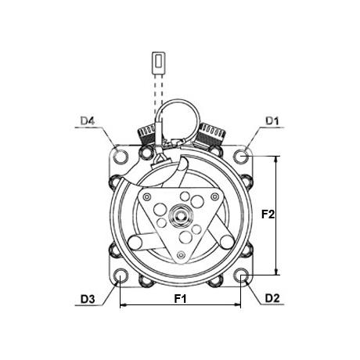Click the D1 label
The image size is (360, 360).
[x=272, y=121]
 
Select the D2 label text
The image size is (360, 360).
[x=272, y=298]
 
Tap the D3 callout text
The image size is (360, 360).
[x=88, y=299]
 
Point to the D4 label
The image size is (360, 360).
[x=88, y=121]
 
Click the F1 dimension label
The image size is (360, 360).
[x=181, y=298]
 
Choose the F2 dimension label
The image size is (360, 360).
[x=268, y=214]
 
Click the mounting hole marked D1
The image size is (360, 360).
[x=241, y=156]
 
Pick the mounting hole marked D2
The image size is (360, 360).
[x=241, y=275]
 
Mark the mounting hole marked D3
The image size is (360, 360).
[x=121, y=275]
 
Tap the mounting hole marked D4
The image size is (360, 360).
[x=121, y=157]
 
